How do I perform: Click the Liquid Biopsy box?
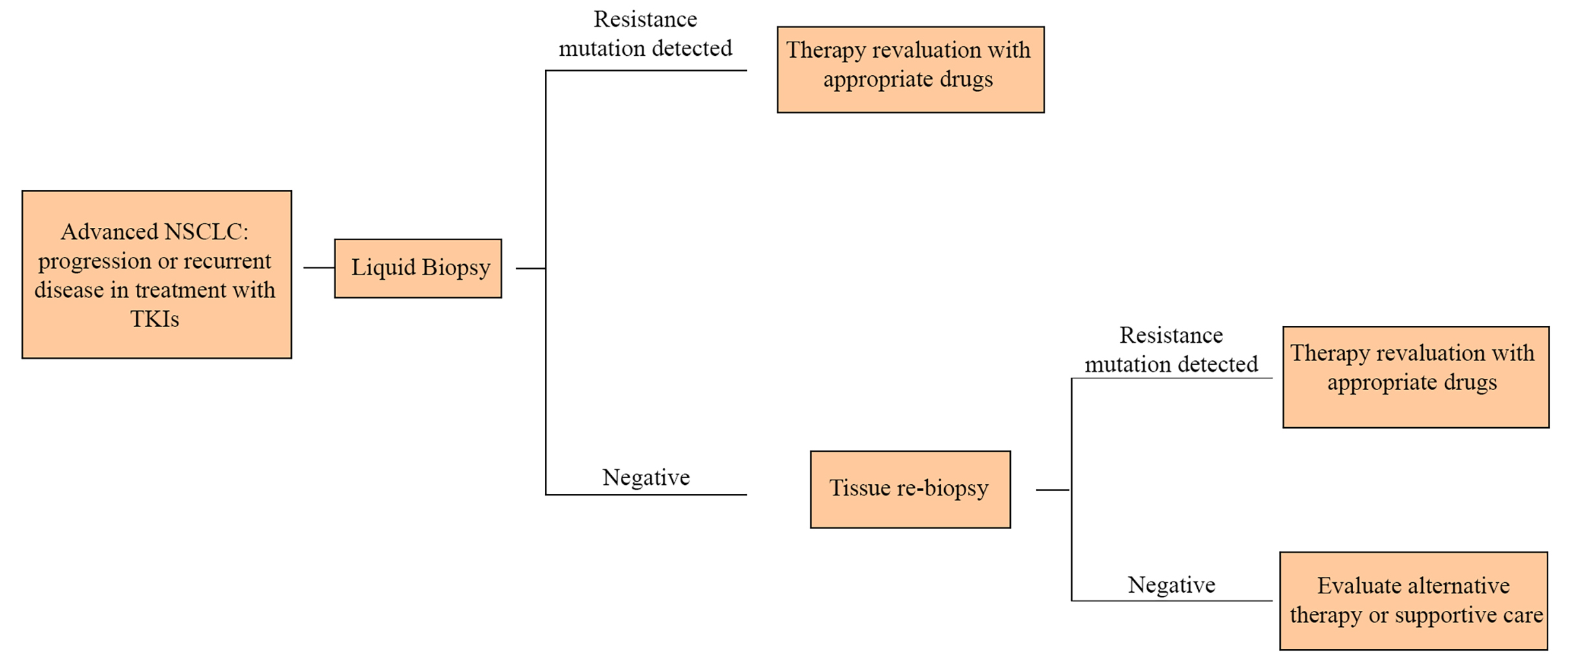418,268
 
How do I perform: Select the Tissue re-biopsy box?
910,489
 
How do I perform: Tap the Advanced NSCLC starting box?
156,274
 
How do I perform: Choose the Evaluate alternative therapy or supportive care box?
1413,600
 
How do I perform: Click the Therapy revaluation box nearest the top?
911,69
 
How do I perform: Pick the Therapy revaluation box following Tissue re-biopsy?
1416,377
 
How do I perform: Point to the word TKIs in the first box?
155,319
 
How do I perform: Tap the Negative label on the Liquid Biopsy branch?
646,477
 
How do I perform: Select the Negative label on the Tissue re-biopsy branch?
1172,585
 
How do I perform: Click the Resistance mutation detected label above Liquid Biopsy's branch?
646,34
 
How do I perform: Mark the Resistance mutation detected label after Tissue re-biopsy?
1171,349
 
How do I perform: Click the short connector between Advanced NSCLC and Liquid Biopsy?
319,267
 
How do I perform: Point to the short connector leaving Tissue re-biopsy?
1053,489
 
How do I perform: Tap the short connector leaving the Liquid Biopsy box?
531,268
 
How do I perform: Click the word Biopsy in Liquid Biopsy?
456,268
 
